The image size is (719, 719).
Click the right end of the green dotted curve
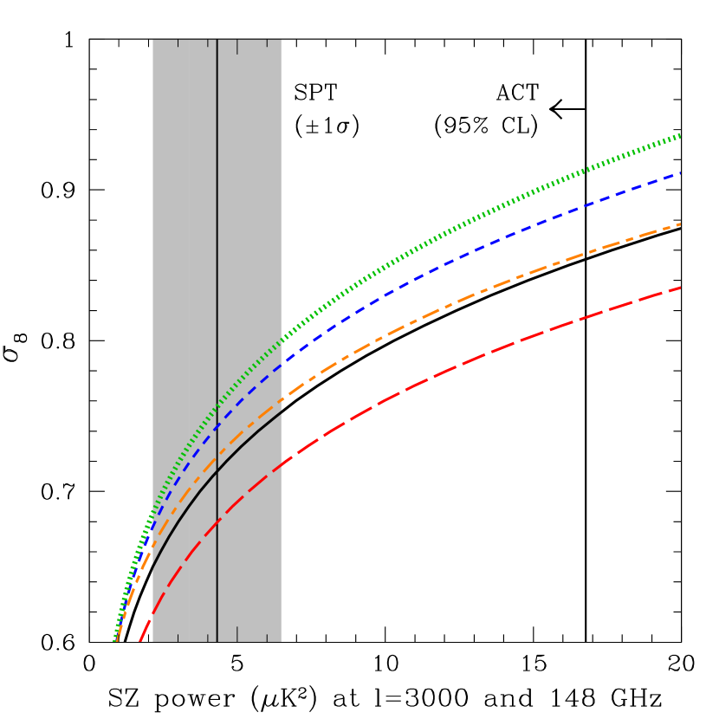click(x=680, y=135)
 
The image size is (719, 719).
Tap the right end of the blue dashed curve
click(x=680, y=173)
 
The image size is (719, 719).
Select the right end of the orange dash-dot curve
click(x=680, y=224)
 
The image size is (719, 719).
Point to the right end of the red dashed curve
click(x=680, y=288)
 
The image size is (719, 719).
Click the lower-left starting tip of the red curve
click(x=139, y=641)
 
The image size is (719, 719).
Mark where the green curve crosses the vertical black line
click(x=217, y=405)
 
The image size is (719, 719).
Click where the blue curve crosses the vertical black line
click(x=217, y=426)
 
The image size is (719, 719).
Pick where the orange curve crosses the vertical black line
click(x=217, y=457)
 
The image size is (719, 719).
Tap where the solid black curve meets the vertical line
click(x=217, y=470)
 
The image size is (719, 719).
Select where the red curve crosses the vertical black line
click(x=217, y=521)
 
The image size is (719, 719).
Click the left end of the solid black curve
click(x=152, y=569)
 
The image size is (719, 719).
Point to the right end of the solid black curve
click(x=281, y=412)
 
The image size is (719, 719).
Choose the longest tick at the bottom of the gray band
click(x=237, y=633)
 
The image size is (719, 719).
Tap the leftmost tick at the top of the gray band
click(x=178, y=43)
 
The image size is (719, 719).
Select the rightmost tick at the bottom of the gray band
click(x=267, y=638)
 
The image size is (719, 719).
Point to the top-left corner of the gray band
click(x=152, y=40)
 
